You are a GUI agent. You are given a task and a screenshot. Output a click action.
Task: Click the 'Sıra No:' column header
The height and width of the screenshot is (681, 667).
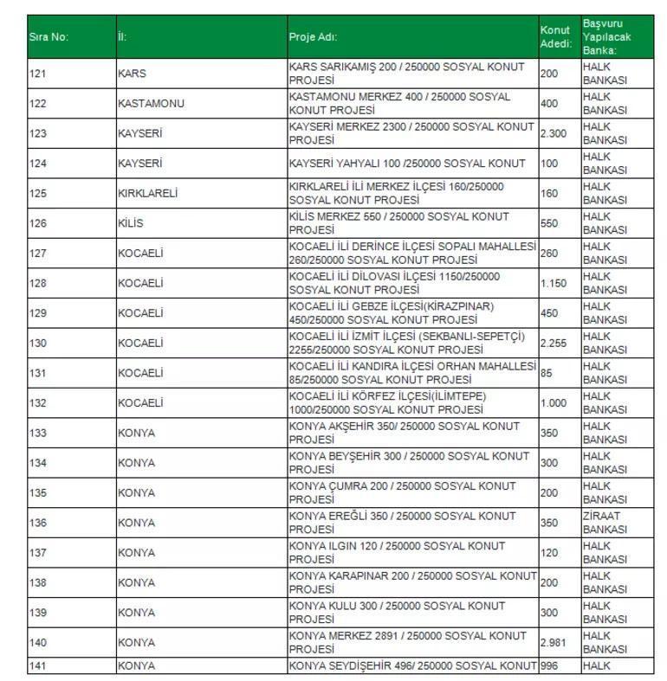pyautogui.click(x=49, y=37)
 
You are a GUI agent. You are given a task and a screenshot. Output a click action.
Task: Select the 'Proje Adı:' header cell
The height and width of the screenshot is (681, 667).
pyautogui.click(x=313, y=37)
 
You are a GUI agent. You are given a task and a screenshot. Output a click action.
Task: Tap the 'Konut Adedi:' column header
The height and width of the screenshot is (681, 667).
pyautogui.click(x=555, y=37)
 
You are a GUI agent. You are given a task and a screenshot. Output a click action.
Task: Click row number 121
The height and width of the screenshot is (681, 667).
pyautogui.click(x=37, y=74)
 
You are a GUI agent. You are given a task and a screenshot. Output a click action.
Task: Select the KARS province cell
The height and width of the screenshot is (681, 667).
pyautogui.click(x=132, y=74)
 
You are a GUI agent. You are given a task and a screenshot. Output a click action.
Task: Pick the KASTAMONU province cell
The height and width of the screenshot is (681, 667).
pyautogui.click(x=151, y=104)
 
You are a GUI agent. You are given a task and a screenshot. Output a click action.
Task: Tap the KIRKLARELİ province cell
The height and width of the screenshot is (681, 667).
pyautogui.click(x=147, y=194)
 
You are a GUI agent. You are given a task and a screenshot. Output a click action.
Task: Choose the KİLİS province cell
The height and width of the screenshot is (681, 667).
pyautogui.click(x=131, y=223)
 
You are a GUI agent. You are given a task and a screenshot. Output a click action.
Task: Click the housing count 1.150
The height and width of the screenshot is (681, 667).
pyautogui.click(x=553, y=283)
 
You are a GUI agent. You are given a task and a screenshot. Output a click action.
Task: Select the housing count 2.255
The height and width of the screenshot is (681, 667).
pyautogui.click(x=554, y=344)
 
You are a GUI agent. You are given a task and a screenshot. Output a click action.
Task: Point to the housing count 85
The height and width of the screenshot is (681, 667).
pyautogui.click(x=547, y=373)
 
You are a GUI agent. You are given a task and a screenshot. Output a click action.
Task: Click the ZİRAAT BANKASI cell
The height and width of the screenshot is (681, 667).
pyautogui.click(x=605, y=523)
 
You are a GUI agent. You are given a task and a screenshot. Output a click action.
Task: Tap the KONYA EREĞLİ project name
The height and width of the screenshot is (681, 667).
pyautogui.click(x=402, y=523)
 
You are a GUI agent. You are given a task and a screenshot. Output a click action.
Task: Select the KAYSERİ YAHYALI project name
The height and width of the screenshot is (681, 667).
pyautogui.click(x=407, y=164)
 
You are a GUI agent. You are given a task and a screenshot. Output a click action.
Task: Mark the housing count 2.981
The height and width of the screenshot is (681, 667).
pyautogui.click(x=554, y=642)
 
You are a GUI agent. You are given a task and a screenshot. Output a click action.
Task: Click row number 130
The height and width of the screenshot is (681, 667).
pyautogui.click(x=37, y=344)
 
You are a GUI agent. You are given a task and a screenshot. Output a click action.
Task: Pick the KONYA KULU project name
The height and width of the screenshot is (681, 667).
pyautogui.click(x=396, y=613)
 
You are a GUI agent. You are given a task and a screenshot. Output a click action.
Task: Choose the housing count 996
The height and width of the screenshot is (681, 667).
pyautogui.click(x=549, y=666)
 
